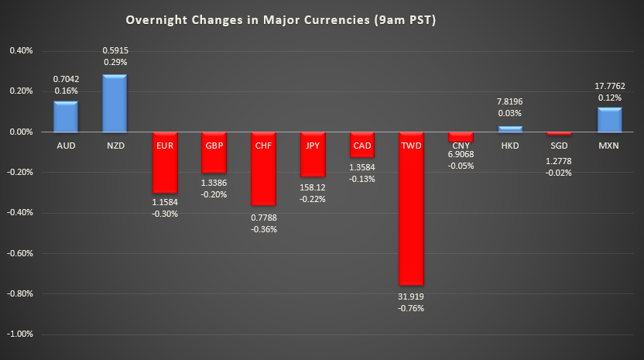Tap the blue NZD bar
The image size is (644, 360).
tap(115, 103)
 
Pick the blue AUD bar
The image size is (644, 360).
tap(65, 116)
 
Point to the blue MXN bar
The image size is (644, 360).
tap(609, 120)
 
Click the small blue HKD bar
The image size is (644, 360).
tap(510, 129)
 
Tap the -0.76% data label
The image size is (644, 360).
tap(412, 308)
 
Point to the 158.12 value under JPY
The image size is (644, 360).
tap(313, 187)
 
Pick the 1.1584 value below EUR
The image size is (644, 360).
tap(164, 202)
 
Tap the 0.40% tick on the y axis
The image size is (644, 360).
tap(21, 51)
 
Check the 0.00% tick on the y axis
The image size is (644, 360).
tap(21, 132)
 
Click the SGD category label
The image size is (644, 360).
tap(560, 145)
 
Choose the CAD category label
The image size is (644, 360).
tap(361, 145)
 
